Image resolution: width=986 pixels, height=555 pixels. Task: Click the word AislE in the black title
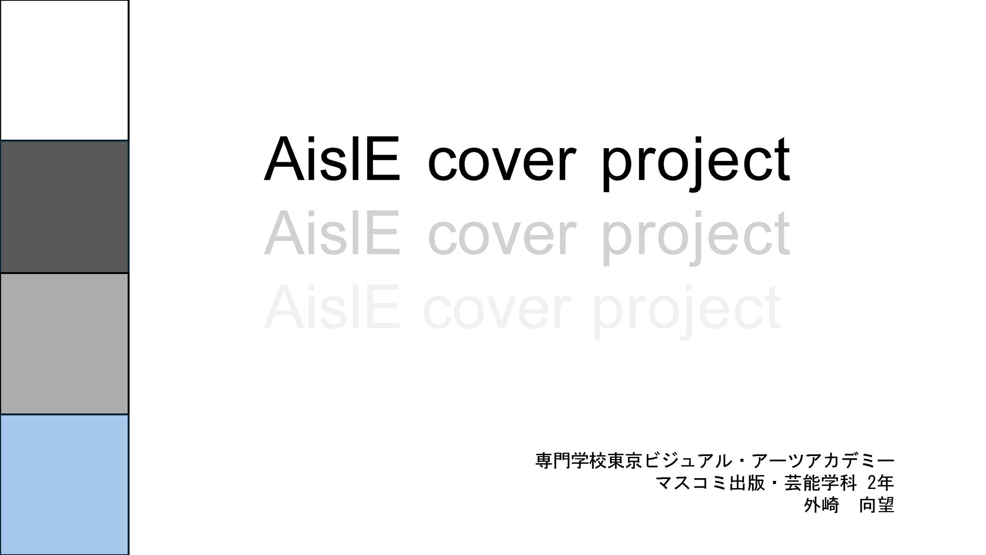pos(332,159)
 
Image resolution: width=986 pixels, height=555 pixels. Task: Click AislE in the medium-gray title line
pos(332,234)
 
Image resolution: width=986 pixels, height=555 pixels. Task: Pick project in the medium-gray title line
pos(695,238)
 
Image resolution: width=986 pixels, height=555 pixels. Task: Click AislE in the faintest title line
pos(332,308)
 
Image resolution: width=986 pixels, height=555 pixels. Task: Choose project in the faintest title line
pos(686,312)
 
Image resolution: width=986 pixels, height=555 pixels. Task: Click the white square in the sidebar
pos(65,71)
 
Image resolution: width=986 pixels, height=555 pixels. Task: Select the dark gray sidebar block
pos(65,207)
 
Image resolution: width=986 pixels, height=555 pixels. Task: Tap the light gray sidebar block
pos(65,344)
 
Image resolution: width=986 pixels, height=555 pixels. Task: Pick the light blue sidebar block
pos(65,484)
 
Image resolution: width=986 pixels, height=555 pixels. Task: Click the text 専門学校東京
pos(589,461)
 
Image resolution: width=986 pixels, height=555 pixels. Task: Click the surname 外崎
pos(821,505)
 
